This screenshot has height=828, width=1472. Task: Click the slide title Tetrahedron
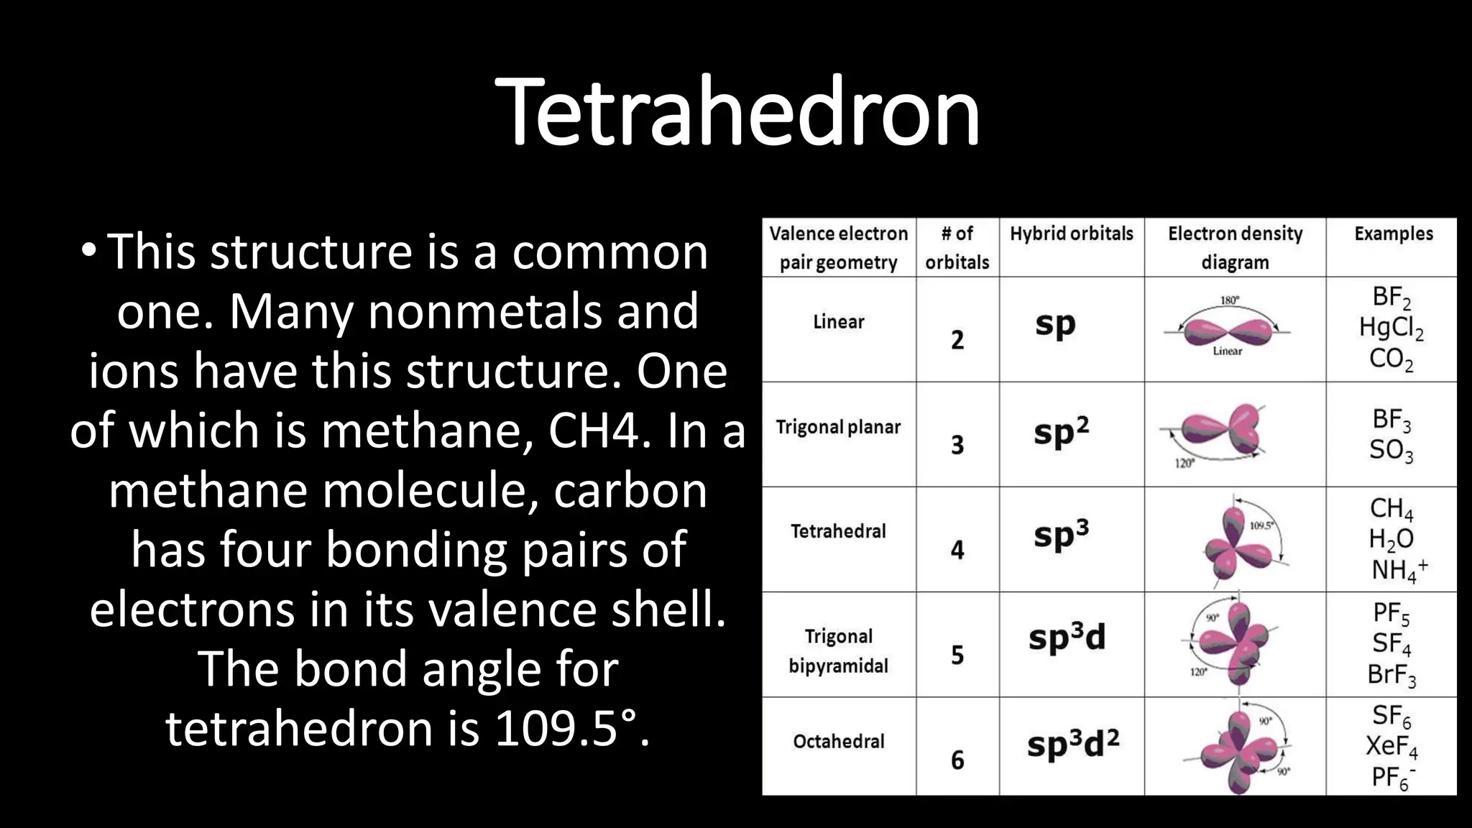(737, 112)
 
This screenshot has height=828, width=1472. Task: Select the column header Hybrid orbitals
(1071, 234)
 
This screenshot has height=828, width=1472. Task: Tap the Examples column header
(1393, 234)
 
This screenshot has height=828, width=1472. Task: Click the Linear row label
(838, 322)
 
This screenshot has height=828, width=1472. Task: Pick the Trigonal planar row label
(838, 427)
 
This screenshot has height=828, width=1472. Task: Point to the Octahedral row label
(838, 741)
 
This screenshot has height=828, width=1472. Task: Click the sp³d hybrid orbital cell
(1067, 638)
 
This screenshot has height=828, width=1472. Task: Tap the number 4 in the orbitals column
(957, 550)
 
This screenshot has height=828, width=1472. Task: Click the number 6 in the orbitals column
(957, 760)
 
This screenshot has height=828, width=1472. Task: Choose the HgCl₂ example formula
(1391, 328)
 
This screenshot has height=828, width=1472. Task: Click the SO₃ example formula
(1391, 451)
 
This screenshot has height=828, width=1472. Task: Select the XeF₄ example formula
(1391, 747)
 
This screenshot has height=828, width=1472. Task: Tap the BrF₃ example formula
(1391, 675)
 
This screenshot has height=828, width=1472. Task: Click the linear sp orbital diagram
(1228, 331)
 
